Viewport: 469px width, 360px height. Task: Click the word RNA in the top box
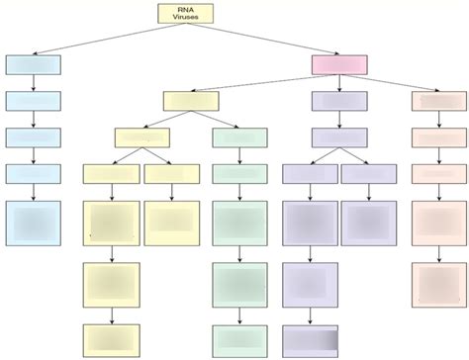coord(184,9)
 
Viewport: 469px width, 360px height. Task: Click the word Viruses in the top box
coord(184,18)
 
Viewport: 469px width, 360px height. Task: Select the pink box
coord(339,65)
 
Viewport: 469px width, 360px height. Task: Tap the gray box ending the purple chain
coord(310,341)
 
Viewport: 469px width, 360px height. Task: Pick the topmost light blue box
coord(33,65)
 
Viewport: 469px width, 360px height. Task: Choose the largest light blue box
coord(33,224)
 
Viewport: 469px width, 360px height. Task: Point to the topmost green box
coord(239,137)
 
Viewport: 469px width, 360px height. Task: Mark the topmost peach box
coord(438,101)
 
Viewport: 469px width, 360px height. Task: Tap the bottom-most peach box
coord(438,285)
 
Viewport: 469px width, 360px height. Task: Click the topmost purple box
coord(339,101)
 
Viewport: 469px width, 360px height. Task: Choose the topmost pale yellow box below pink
coord(191,101)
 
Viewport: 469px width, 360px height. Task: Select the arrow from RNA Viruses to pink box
coord(267,40)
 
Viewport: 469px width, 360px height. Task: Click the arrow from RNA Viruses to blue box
coord(99,40)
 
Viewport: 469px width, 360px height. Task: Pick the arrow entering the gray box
coord(310,317)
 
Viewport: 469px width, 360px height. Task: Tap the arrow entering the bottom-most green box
coord(239,317)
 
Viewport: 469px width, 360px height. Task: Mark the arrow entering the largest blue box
coord(33,192)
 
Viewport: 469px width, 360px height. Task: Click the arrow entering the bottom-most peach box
coord(438,254)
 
